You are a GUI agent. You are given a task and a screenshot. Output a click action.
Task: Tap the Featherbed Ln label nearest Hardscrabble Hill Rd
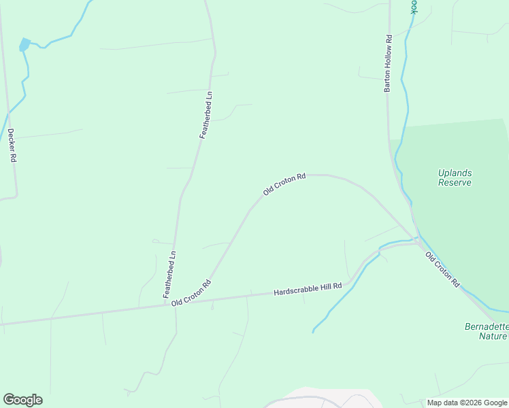[169, 275]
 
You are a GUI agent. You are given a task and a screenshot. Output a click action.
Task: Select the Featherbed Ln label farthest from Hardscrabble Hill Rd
[206, 115]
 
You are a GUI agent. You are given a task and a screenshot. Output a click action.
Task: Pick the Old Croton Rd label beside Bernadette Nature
[443, 270]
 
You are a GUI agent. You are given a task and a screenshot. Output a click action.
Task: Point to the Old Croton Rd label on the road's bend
[284, 185]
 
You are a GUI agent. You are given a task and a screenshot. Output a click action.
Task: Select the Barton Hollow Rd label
[389, 64]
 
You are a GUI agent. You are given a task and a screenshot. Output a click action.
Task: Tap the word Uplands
[455, 173]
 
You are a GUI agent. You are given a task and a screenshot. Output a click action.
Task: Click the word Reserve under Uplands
[455, 182]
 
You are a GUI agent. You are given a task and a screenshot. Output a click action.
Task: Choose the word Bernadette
[486, 326]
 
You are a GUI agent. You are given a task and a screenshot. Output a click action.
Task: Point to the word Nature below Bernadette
[492, 336]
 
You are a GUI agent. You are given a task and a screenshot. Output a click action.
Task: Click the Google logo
[22, 400]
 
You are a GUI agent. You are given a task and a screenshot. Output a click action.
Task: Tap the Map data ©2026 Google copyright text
[467, 403]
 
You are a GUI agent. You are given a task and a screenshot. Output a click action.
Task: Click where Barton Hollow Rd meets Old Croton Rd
[415, 239]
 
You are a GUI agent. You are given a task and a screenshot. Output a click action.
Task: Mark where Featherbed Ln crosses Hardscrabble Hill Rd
[174, 304]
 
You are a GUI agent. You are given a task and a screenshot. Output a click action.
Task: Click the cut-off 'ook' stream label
[412, 6]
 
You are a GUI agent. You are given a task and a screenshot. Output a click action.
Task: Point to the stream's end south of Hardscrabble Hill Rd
[313, 332]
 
